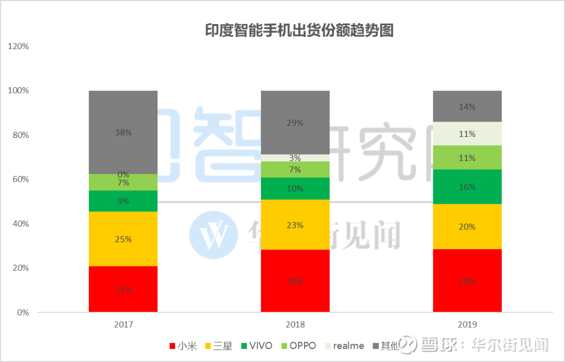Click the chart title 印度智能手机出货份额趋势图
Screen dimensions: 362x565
pyautogui.click(x=299, y=31)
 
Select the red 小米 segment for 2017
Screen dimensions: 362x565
pyautogui.click(x=123, y=289)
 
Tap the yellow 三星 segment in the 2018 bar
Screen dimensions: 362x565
pyautogui.click(x=295, y=225)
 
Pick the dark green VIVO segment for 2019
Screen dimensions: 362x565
pyautogui.click(x=467, y=186)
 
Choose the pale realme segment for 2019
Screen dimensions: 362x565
pyautogui.click(x=467, y=134)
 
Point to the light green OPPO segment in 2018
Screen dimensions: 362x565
pyautogui.click(x=295, y=169)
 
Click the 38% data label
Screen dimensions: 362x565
pyautogui.click(x=123, y=133)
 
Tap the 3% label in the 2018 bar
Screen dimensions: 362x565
pyautogui.click(x=295, y=158)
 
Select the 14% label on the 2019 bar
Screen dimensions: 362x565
pyautogui.click(x=467, y=107)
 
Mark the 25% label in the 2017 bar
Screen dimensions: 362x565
pyautogui.click(x=123, y=239)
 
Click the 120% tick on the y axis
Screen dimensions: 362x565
pyautogui.click(x=18, y=46)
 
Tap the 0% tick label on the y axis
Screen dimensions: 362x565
pyautogui.click(x=22, y=312)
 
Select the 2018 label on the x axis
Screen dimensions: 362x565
pyautogui.click(x=295, y=324)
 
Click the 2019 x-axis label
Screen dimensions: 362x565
pyautogui.click(x=467, y=324)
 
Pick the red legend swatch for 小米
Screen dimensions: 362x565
pyautogui.click(x=172, y=346)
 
